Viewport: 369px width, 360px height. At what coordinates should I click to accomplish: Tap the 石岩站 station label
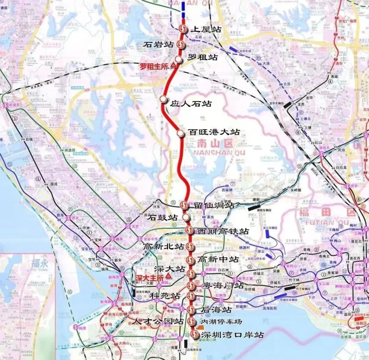[158, 45]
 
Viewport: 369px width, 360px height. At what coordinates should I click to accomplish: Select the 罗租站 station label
[203, 58]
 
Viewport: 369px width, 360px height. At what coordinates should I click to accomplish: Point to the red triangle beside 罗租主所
[173, 66]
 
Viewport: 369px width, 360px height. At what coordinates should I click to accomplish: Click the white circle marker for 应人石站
[163, 100]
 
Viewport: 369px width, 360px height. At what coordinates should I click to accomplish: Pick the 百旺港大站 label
[214, 132]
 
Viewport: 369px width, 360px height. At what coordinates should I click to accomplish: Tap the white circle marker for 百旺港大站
[180, 133]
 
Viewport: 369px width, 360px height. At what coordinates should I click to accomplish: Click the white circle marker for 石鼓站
[186, 217]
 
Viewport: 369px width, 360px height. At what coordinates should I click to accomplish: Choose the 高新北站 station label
[163, 246]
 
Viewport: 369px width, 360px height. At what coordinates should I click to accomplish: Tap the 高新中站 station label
[218, 259]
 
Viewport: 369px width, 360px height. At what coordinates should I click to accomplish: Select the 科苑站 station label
[165, 296]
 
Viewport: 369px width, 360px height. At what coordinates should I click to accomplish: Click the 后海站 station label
[216, 309]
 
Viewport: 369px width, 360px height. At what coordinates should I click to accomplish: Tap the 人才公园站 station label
[158, 321]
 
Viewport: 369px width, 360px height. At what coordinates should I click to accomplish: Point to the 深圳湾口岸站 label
[233, 335]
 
